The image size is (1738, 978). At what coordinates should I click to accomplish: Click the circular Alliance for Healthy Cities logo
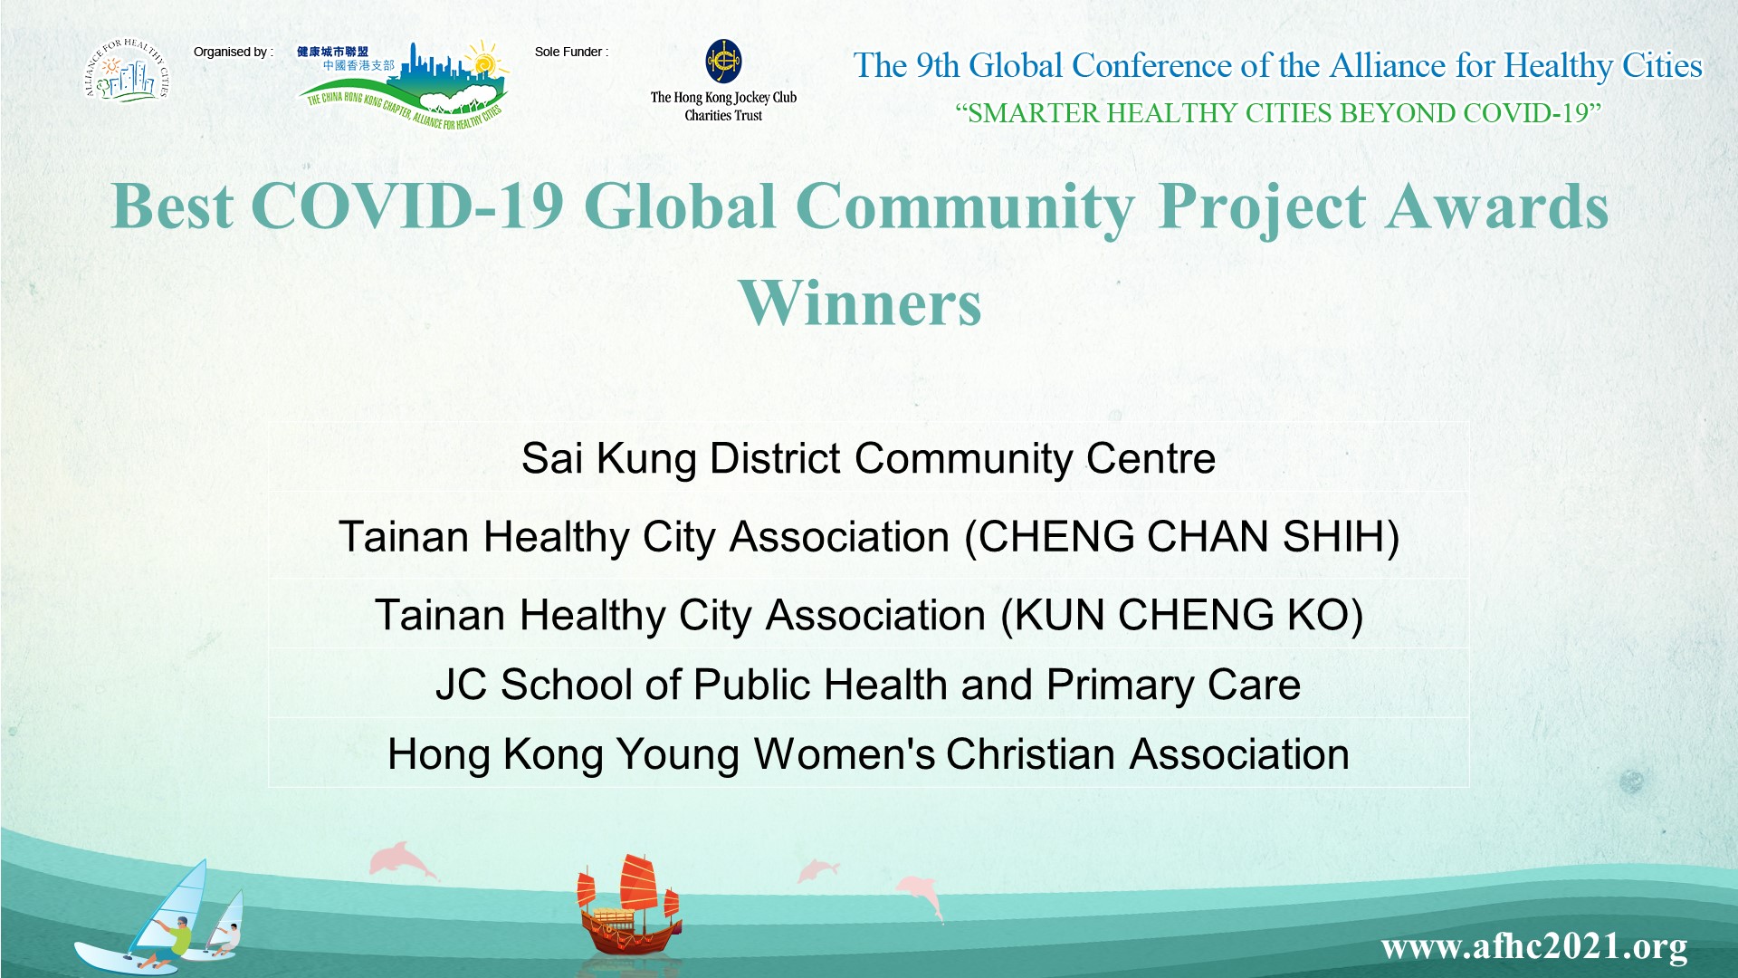coord(127,71)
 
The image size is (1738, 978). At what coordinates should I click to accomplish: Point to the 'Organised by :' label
coord(233,52)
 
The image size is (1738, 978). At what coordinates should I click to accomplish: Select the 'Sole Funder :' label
coord(571,52)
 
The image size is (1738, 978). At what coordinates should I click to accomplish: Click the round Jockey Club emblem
coord(723,62)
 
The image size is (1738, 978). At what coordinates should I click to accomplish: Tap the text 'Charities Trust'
coord(723,116)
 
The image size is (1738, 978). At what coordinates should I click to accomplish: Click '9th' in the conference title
coord(937,65)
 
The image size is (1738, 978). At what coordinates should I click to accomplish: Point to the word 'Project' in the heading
coord(1262,208)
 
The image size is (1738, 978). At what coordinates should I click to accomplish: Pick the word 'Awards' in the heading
coord(1497,206)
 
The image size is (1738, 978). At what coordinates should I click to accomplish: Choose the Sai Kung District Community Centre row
coord(868,458)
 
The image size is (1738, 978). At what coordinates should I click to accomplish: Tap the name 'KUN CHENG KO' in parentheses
coord(1182,616)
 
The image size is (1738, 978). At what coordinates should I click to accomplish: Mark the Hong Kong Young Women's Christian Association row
coord(868,754)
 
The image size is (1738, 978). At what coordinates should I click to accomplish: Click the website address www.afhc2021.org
coord(1534,947)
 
